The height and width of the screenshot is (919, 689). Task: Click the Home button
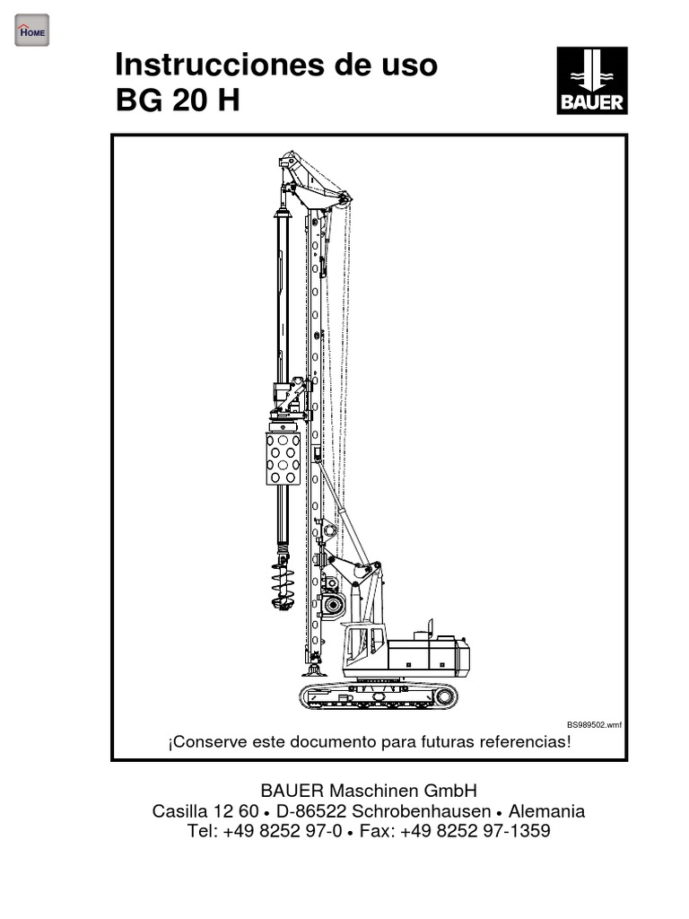click(31, 31)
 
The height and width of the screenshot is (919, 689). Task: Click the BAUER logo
click(592, 80)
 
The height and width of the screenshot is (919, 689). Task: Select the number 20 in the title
click(190, 100)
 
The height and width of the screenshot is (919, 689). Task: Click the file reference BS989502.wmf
click(594, 725)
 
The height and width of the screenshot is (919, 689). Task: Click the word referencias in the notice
click(525, 742)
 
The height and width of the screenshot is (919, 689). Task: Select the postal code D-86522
click(311, 811)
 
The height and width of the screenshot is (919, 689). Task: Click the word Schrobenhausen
click(421, 811)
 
